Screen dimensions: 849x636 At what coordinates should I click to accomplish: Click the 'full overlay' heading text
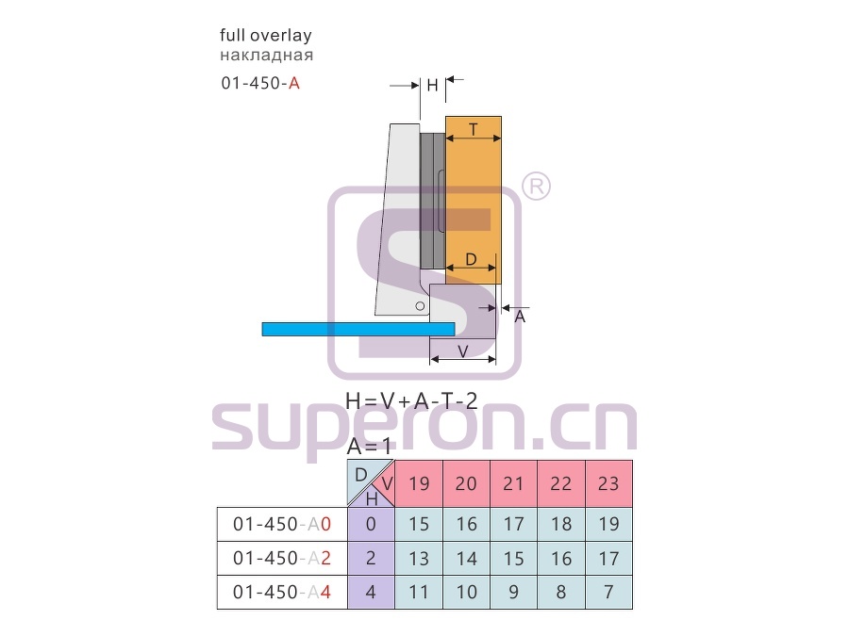coord(266,36)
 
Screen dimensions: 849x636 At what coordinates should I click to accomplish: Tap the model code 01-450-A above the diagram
coord(260,83)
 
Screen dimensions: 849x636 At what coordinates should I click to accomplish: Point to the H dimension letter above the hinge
coord(432,86)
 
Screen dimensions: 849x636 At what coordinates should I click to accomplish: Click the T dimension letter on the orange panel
coord(474,130)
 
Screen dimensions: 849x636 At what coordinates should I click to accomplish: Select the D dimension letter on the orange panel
coord(471,260)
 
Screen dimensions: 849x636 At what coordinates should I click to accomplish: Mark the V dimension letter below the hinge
coord(463,351)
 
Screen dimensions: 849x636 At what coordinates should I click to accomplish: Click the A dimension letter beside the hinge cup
coord(520,317)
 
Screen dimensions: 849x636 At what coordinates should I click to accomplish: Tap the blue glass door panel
coord(358,330)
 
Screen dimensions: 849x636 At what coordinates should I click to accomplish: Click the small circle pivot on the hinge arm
coord(420,306)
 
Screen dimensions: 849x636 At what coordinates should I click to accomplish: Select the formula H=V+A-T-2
coord(411,400)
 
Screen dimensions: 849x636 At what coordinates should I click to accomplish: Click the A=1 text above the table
coord(369,447)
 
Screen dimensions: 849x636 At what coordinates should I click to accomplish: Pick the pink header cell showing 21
coord(513,483)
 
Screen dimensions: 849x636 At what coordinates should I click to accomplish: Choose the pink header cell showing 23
coord(608,483)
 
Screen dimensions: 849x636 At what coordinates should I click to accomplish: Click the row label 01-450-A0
coord(281,524)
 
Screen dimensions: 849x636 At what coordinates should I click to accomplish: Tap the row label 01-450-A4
coord(281,593)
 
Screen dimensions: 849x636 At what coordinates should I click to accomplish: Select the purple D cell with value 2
coord(371,558)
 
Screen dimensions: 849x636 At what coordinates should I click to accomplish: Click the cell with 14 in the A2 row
coord(466,558)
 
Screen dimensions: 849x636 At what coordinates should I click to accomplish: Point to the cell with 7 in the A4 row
coord(608,593)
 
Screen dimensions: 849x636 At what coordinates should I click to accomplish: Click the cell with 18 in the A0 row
coord(561,524)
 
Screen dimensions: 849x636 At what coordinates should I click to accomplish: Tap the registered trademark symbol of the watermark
coord(536,186)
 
